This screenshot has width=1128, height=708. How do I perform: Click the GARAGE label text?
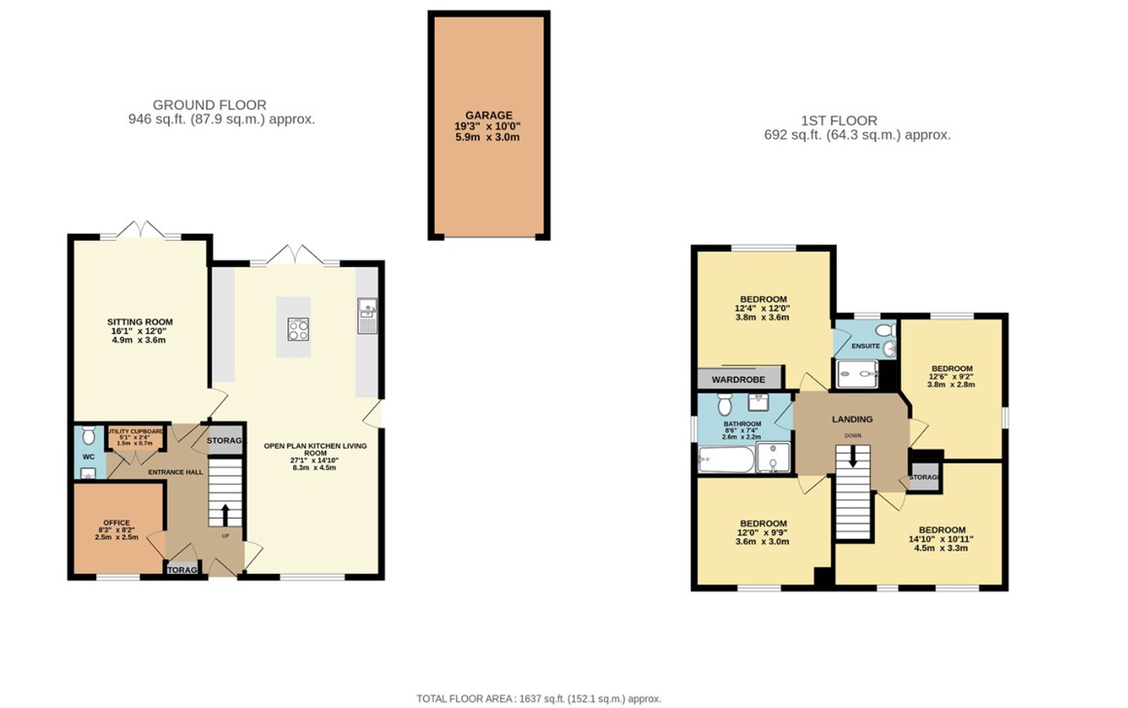pyautogui.click(x=488, y=115)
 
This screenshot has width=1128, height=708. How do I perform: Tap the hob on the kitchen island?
pyautogui.click(x=298, y=329)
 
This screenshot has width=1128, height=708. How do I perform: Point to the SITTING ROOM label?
pyautogui.click(x=140, y=321)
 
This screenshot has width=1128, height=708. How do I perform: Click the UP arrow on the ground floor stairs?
pyautogui.click(x=224, y=514)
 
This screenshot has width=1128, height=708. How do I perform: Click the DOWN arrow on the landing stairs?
pyautogui.click(x=852, y=455)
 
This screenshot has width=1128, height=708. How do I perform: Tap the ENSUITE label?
pyautogui.click(x=865, y=346)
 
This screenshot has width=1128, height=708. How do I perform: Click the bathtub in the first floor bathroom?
pyautogui.click(x=725, y=458)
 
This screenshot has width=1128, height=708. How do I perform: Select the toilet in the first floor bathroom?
pyautogui.click(x=724, y=403)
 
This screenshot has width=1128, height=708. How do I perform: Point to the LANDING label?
pyautogui.click(x=851, y=419)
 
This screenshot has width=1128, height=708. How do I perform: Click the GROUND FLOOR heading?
pyautogui.click(x=210, y=105)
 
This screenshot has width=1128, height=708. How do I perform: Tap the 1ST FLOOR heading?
pyautogui.click(x=839, y=120)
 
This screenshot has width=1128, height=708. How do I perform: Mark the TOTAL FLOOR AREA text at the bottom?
pyautogui.click(x=538, y=698)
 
